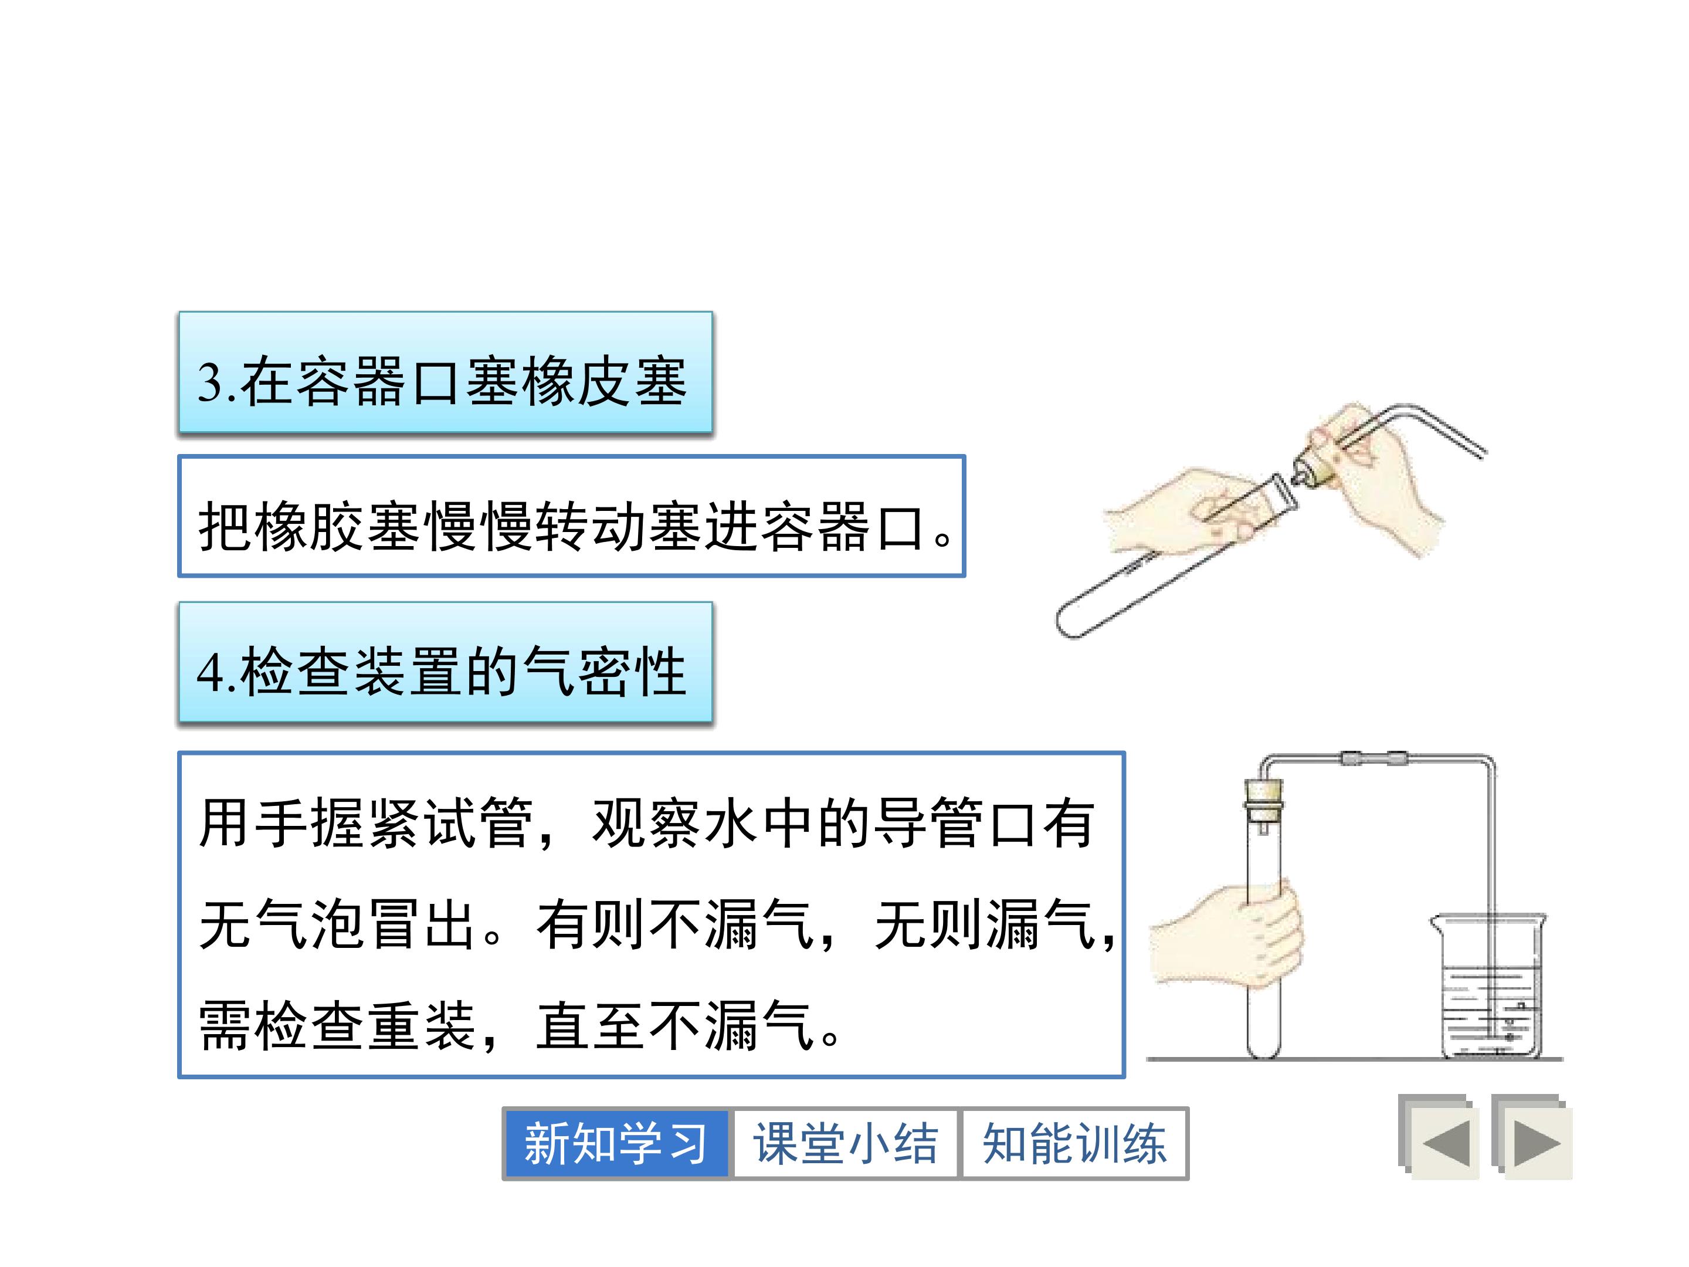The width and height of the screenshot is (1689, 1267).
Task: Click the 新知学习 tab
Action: coord(615,1143)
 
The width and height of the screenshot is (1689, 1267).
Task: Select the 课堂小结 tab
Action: coord(845,1143)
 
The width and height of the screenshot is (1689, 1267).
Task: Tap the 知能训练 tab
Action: coord(1074,1143)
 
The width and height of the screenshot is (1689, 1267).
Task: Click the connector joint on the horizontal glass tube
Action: coord(1375,758)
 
